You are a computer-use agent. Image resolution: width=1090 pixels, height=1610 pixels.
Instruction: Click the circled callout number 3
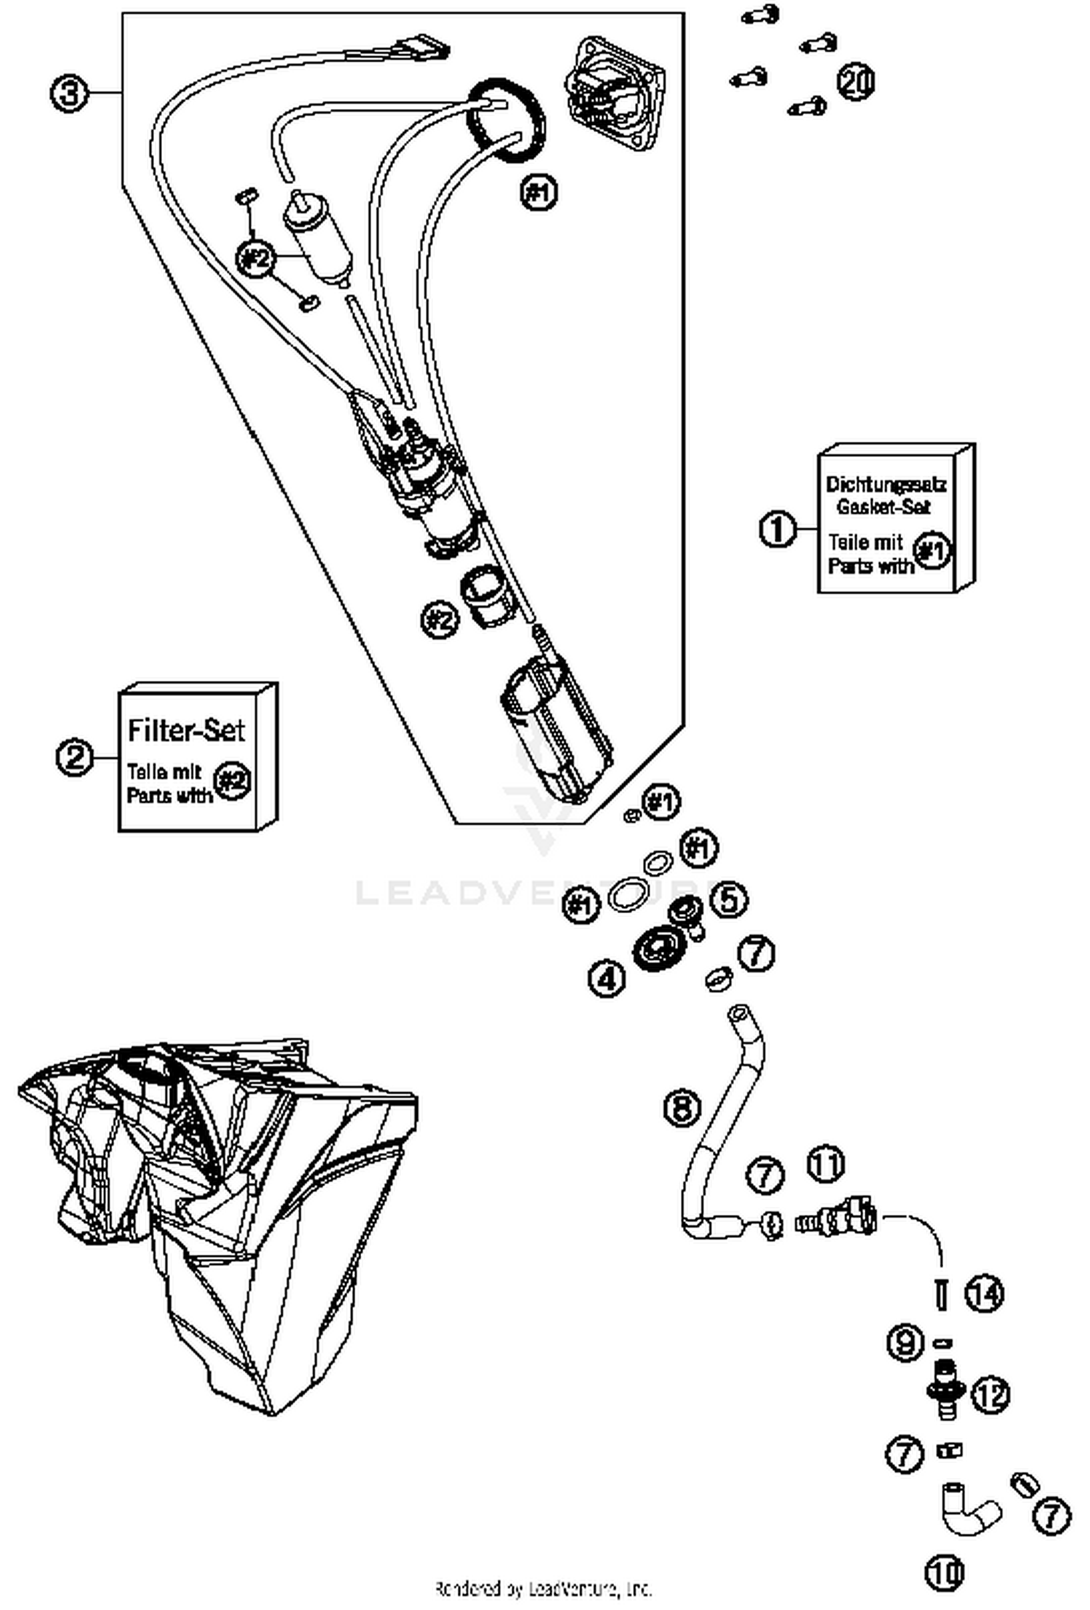click(69, 94)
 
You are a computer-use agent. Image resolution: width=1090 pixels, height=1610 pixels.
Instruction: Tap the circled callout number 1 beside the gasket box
click(778, 529)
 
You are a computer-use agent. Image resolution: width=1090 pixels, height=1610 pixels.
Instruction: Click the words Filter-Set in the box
click(186, 730)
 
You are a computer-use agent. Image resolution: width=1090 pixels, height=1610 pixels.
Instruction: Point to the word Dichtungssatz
click(886, 485)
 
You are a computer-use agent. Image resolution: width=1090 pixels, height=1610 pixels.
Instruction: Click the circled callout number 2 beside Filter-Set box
click(75, 757)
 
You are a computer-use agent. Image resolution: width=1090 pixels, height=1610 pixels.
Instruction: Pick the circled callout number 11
click(826, 1164)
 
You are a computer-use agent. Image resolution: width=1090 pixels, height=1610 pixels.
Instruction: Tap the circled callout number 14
click(984, 1294)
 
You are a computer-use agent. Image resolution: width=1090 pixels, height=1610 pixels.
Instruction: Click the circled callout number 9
click(905, 1341)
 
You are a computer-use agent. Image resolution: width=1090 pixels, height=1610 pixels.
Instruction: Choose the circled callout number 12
click(991, 1393)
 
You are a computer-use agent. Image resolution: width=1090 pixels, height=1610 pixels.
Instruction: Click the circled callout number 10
click(944, 1573)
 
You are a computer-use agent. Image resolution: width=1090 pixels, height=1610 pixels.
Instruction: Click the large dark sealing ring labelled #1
click(506, 121)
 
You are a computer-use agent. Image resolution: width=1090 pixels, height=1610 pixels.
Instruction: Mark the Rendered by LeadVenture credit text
click(544, 1588)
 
